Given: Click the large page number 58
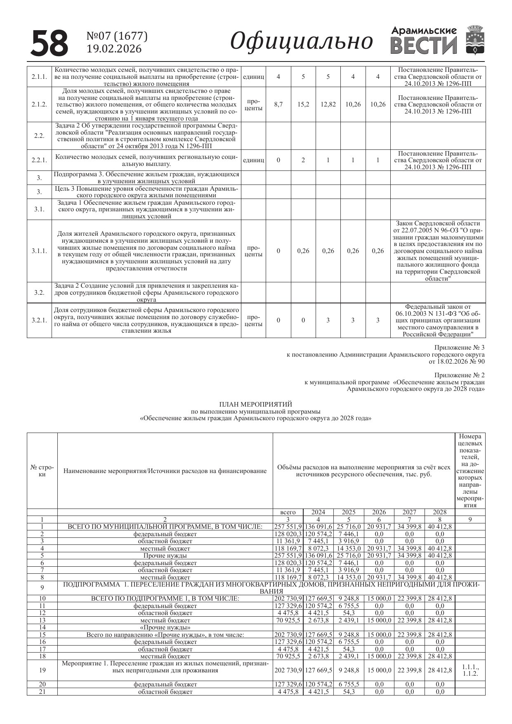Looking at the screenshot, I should tap(50, 43).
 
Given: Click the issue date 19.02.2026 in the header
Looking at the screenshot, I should tap(114, 49).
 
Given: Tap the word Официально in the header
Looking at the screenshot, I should tap(302, 41).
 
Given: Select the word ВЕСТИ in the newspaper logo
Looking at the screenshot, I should tap(424, 46).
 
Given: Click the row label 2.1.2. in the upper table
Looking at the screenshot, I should tap(39, 104).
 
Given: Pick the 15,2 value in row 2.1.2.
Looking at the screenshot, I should tap(303, 104).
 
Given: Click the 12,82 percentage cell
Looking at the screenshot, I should tap(328, 104).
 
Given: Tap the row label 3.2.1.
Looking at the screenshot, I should tap(39, 320).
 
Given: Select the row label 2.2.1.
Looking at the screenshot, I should tap(39, 160).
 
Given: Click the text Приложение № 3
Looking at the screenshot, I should tap(459, 348).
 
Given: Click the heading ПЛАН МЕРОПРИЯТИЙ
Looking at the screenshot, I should tap(255, 404).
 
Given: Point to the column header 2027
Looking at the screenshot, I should tap(409, 512).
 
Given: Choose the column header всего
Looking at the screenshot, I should tap(288, 512).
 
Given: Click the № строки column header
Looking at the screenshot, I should tap(42, 471).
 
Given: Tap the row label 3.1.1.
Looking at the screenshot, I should tap(39, 251).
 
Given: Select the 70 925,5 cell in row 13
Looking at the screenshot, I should tap(288, 620).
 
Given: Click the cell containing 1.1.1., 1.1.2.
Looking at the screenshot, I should tap(470, 670).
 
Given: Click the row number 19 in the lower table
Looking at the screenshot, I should tap(42, 670).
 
